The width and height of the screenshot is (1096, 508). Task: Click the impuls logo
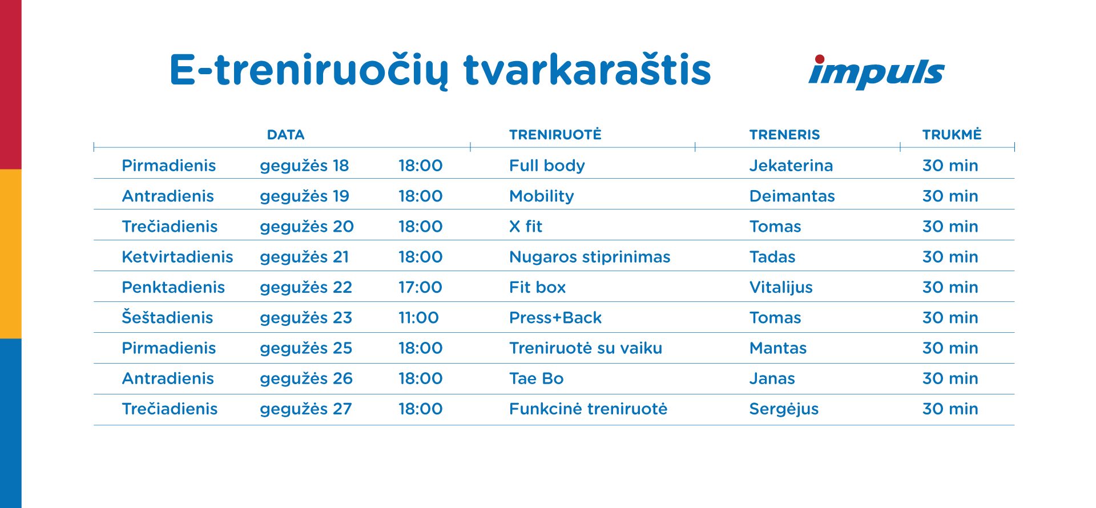876,72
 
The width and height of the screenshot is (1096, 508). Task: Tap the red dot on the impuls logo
820,59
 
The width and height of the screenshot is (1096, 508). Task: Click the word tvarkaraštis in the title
587,70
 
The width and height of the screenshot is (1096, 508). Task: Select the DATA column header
285,135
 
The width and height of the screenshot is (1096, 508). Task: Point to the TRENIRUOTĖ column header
555,134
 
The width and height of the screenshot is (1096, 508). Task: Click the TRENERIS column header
784,135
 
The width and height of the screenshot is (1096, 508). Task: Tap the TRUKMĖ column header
952,134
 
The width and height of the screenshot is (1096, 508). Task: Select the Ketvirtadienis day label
178,257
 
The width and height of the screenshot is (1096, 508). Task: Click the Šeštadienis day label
167,317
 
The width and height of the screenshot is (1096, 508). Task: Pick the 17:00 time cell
420,287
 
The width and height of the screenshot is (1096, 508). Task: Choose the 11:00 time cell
418,317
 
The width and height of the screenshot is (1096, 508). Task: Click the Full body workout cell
547,166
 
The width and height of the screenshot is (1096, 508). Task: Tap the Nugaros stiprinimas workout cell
590,257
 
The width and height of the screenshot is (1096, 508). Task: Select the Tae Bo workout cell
536,378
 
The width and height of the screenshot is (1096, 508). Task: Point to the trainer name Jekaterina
791,166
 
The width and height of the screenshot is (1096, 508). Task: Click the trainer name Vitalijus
781,288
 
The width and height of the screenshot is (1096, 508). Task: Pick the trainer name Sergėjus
784,409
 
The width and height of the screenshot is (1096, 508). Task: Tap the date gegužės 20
307,227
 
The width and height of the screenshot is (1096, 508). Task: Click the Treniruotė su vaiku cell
586,348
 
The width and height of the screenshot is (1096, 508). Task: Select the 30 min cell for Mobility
950,196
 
